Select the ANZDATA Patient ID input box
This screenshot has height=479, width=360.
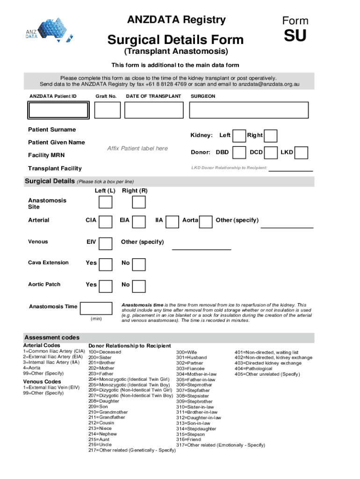58,110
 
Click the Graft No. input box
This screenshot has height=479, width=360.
108,110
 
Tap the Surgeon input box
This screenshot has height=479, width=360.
248,110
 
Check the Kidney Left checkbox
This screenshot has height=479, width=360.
239,136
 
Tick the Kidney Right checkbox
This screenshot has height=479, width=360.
271,136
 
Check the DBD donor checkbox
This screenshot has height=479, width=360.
239,152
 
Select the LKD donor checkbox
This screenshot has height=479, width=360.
302,152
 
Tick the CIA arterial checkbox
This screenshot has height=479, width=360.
106,222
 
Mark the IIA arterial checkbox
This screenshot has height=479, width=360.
173,222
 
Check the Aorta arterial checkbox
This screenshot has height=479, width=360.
206,222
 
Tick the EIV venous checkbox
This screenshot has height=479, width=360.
106,243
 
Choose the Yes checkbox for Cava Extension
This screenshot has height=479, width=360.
106,264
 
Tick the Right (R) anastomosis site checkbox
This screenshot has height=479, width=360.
139,202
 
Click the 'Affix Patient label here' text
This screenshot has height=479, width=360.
137,149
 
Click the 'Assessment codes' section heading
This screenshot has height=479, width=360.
52,337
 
